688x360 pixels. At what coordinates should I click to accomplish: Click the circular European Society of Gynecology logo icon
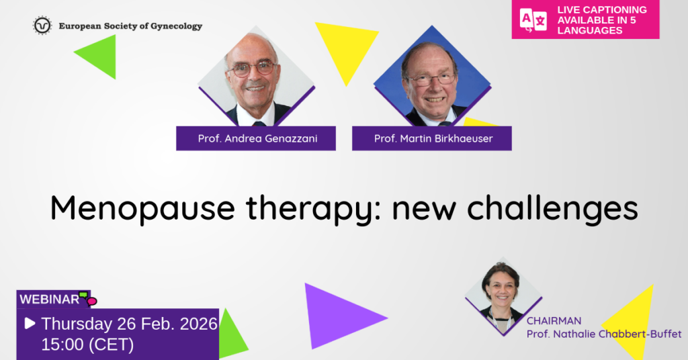(x=42, y=26)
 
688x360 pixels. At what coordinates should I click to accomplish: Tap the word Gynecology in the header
(x=177, y=26)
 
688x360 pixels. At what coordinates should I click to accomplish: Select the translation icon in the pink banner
(x=533, y=20)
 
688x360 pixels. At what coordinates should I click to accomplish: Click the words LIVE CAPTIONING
(x=602, y=9)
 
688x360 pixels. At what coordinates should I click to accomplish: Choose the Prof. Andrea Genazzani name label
(x=256, y=138)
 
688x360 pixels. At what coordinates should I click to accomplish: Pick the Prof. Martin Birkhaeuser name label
(x=432, y=138)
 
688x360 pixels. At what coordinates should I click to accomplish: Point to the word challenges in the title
(x=552, y=209)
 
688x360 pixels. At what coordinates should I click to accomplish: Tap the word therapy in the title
(x=309, y=209)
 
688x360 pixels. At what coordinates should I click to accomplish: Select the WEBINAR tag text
(x=49, y=300)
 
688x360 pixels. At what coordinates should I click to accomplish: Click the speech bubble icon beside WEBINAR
(x=88, y=298)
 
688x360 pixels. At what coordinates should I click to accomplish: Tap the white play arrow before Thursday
(x=30, y=324)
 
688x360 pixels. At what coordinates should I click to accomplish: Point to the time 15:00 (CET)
(x=87, y=345)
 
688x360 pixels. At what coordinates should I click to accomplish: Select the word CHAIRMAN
(x=554, y=321)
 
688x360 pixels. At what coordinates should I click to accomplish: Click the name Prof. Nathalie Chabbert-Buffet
(x=604, y=334)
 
